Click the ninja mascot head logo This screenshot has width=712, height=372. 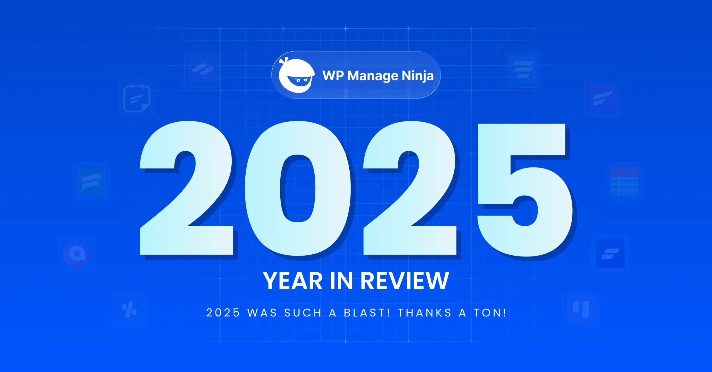[x=296, y=76]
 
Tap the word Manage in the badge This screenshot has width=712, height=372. [x=373, y=76]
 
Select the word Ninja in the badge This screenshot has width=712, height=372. [x=418, y=76]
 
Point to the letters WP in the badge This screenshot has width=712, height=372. [x=333, y=76]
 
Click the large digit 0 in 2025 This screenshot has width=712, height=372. [x=298, y=189]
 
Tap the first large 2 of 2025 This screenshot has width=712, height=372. [x=186, y=189]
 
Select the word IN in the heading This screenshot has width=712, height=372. [x=341, y=281]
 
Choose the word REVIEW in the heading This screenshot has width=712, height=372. [x=405, y=281]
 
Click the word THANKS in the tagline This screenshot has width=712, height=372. [x=425, y=313]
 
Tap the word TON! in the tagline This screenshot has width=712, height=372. [x=490, y=313]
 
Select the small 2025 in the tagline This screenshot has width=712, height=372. [x=223, y=313]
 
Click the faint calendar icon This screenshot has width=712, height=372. [x=137, y=98]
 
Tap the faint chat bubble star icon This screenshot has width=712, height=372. [x=77, y=254]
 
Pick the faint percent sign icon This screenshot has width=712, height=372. [x=129, y=309]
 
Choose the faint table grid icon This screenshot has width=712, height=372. [x=624, y=182]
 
